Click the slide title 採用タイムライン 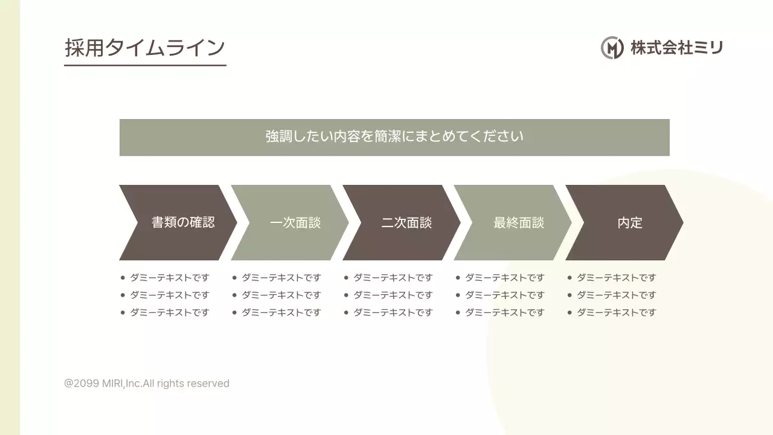click(x=145, y=48)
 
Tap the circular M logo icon click(x=612, y=47)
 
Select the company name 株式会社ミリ click(x=676, y=47)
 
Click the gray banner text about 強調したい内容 click(x=394, y=137)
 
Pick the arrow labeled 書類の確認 click(x=182, y=222)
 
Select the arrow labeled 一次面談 click(x=295, y=222)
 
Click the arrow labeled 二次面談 click(x=406, y=222)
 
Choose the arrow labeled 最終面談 click(x=518, y=222)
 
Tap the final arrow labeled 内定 click(x=629, y=222)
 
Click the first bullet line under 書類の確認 click(x=169, y=278)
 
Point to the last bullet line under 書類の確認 click(x=169, y=312)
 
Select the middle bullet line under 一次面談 click(x=281, y=295)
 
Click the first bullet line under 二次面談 click(x=393, y=278)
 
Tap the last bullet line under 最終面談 click(x=504, y=312)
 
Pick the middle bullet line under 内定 click(x=616, y=295)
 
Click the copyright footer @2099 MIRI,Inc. click(x=147, y=384)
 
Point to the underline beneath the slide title click(x=145, y=65)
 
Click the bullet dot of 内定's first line click(x=569, y=278)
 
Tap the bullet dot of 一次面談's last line click(x=234, y=312)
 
